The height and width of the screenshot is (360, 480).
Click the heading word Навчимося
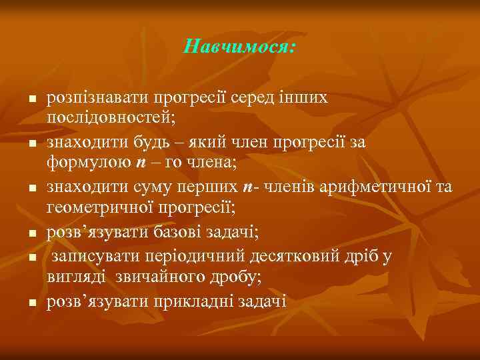(x=238, y=47)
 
